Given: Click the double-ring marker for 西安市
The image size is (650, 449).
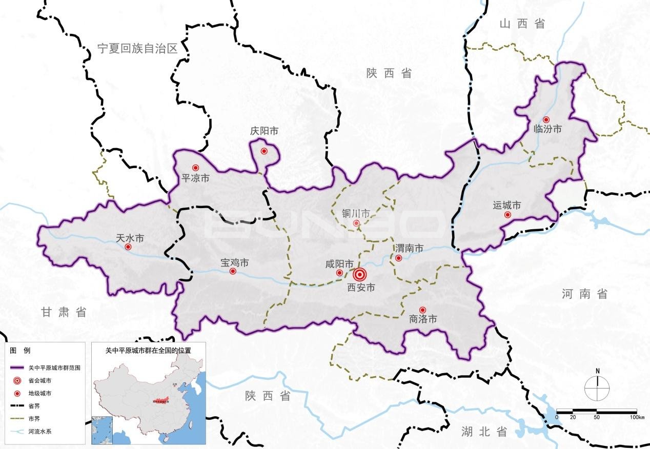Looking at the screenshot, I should click(x=360, y=274).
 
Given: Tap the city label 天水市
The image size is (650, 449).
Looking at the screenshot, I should click(x=130, y=238).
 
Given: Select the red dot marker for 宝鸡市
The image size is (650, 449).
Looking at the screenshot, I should click(x=233, y=271).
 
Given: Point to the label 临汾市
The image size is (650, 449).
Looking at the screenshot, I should click(x=547, y=129).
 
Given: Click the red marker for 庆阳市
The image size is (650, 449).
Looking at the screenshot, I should click(x=264, y=151).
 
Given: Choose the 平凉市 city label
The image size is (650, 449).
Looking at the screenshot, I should click(x=196, y=178).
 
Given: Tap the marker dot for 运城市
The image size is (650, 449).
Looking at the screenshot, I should click(x=507, y=215).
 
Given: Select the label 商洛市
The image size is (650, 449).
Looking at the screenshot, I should click(x=423, y=319).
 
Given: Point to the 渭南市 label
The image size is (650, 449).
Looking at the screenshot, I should click(x=409, y=249).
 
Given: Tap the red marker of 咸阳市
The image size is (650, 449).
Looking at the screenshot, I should click(x=339, y=273).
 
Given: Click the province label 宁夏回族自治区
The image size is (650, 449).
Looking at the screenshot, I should click(x=137, y=49).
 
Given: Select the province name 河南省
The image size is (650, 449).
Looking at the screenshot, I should click(x=584, y=294).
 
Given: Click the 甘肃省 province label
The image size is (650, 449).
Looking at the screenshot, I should click(x=64, y=312).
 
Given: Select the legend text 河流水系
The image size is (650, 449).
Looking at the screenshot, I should click(x=40, y=431).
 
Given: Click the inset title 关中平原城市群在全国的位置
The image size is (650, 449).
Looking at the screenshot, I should click(x=148, y=351).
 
